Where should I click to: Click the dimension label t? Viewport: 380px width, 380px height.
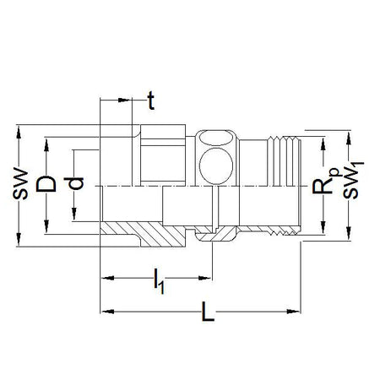[x=151, y=100]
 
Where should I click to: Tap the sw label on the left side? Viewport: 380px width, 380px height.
[x=20, y=184]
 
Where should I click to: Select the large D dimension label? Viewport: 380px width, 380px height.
[x=46, y=184]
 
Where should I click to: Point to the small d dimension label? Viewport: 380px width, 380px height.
[x=73, y=183]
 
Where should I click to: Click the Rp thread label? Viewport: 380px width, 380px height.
[x=323, y=182]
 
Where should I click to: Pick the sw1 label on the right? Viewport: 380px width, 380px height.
[x=353, y=180]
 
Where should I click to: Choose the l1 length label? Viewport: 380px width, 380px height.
[x=159, y=281]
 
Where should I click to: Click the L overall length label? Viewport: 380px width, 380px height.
[x=208, y=312]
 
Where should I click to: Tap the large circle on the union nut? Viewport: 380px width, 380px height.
[x=216, y=166]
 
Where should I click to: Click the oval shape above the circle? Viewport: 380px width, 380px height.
[x=216, y=138]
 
